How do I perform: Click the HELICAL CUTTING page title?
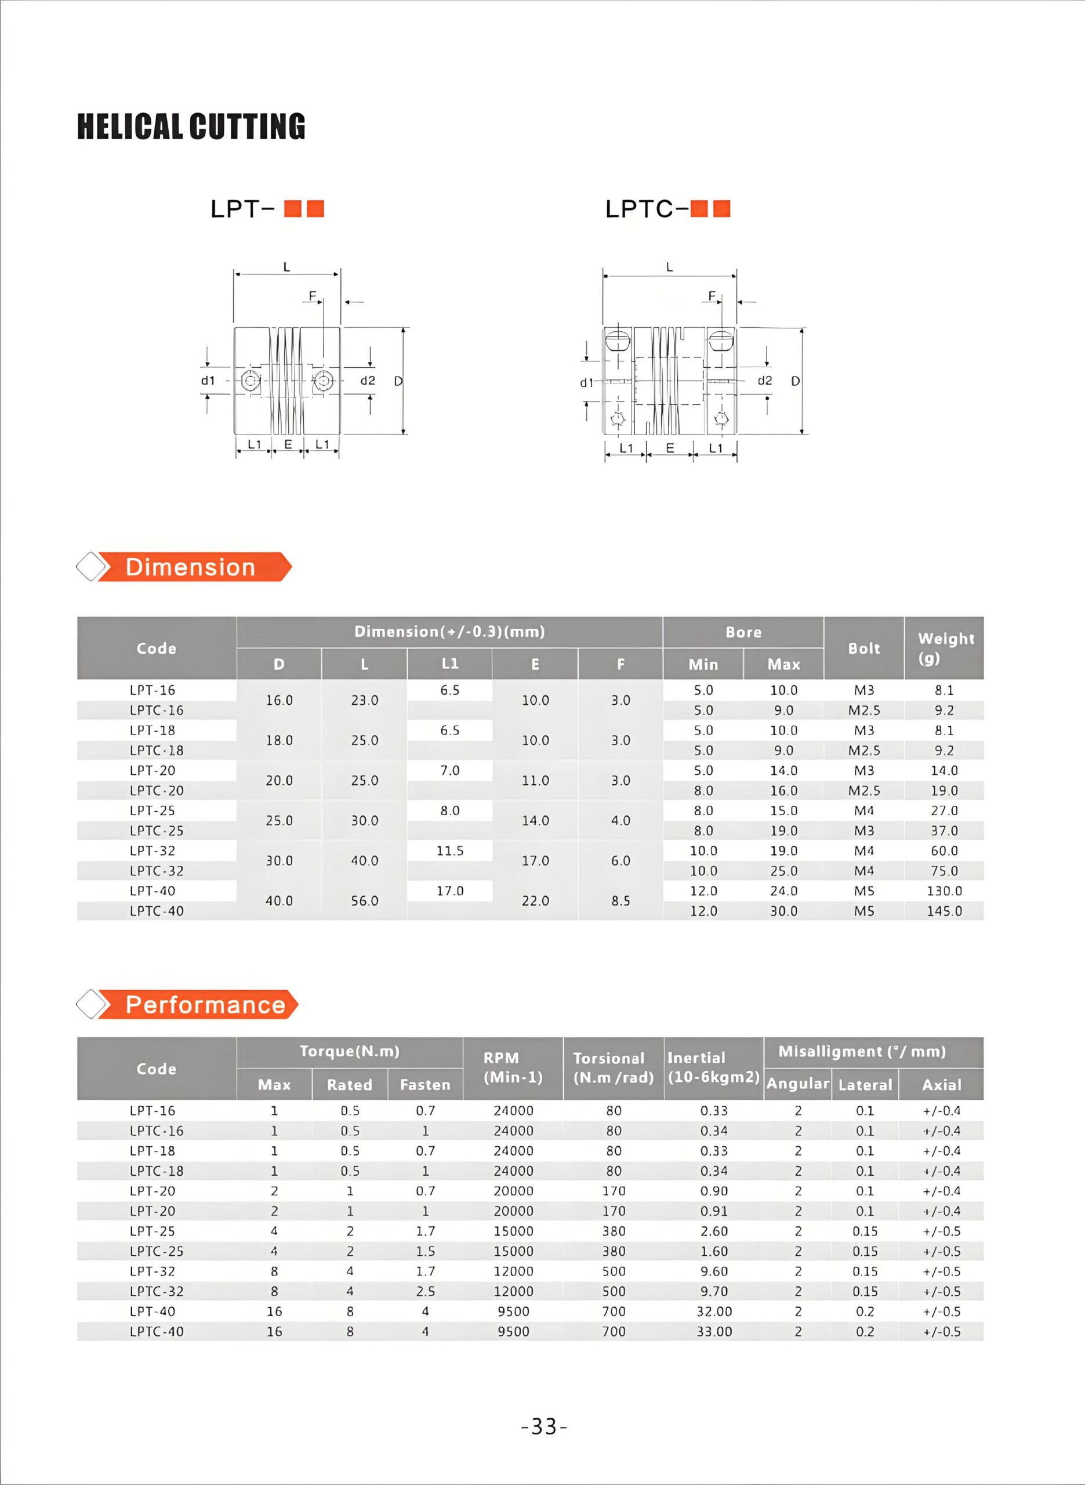[191, 127]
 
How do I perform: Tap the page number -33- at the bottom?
[543, 1426]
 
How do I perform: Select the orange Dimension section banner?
[190, 567]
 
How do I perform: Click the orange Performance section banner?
[204, 1005]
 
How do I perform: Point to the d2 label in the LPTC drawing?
[764, 381]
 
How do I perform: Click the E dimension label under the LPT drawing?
[288, 445]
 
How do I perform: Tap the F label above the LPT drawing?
[313, 296]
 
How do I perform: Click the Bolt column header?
[863, 649]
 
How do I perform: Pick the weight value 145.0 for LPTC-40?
[944, 911]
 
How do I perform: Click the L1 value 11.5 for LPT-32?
[450, 850]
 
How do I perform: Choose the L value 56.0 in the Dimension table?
[365, 900]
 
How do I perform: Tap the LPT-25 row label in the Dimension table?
[153, 810]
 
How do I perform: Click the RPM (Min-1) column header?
[513, 1067]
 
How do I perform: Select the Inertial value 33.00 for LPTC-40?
[714, 1331]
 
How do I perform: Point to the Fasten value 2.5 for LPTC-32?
[425, 1291]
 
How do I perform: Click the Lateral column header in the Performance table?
[865, 1085]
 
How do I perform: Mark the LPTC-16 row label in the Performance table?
[157, 1131]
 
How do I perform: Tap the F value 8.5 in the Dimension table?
[620, 900]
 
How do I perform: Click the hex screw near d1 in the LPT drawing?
[251, 381]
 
